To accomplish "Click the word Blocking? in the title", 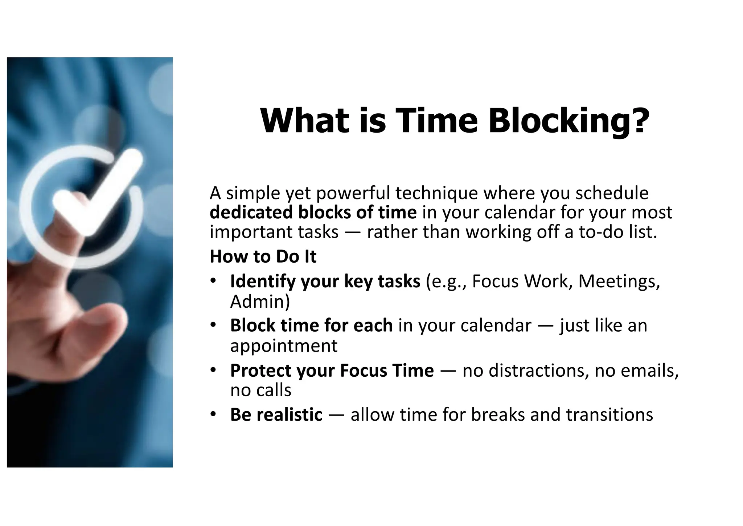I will click(x=568, y=121).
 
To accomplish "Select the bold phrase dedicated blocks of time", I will click(x=313, y=213).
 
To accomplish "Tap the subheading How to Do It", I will click(x=263, y=256).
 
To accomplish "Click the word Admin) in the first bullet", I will click(x=260, y=302).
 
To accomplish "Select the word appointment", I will click(x=284, y=345).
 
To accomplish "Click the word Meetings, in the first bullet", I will click(x=619, y=281).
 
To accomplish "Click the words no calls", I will click(x=260, y=391).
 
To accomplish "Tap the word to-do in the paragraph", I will click(x=600, y=232).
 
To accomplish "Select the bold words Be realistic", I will click(x=276, y=414).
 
